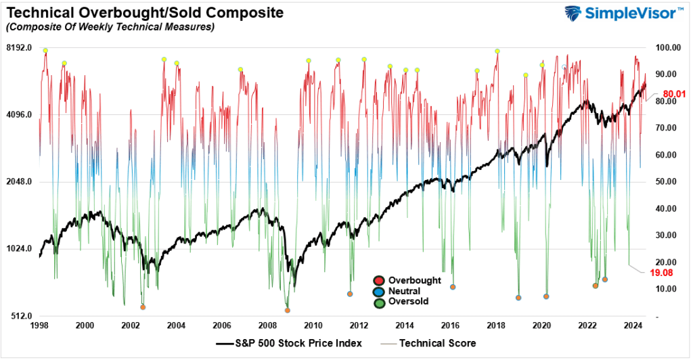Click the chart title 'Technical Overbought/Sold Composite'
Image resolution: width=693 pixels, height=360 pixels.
pyautogui.click(x=144, y=12)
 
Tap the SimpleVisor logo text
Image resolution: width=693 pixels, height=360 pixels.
pyautogui.click(x=634, y=14)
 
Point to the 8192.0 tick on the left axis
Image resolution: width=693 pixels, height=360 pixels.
pyautogui.click(x=19, y=48)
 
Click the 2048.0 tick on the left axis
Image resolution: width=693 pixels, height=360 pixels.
pyautogui.click(x=19, y=182)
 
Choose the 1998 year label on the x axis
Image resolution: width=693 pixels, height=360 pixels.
pyautogui.click(x=39, y=325)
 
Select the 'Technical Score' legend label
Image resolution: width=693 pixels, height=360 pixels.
pyautogui.click(x=437, y=344)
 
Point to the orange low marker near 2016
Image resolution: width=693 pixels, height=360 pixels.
pyautogui.click(x=453, y=287)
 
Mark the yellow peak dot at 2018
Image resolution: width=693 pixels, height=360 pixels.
pyautogui.click(x=497, y=51)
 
